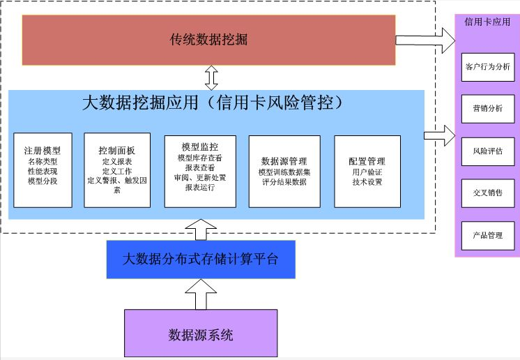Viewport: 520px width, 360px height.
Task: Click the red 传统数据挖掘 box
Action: click(209, 40)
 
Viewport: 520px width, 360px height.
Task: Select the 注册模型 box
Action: click(43, 170)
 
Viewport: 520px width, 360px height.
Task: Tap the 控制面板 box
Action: click(117, 170)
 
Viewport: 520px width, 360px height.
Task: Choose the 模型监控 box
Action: click(200, 170)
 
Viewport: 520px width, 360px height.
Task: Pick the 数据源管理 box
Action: click(284, 170)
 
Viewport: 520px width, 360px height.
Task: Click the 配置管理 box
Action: click(368, 170)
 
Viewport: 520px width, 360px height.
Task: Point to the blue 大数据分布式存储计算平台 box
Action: click(201, 259)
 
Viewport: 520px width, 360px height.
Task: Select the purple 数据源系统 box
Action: click(201, 334)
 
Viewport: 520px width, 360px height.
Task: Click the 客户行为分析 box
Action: click(487, 68)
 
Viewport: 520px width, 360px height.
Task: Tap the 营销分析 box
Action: click(487, 109)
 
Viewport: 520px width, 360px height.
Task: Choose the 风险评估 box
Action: click(487, 151)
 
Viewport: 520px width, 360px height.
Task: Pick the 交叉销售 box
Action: click(487, 193)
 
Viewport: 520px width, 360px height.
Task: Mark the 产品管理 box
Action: click(487, 235)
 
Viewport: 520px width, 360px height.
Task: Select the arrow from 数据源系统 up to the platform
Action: click(201, 293)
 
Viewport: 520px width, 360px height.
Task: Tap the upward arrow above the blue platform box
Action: click(201, 227)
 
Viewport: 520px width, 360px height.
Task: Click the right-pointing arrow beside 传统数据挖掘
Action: click(425, 40)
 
